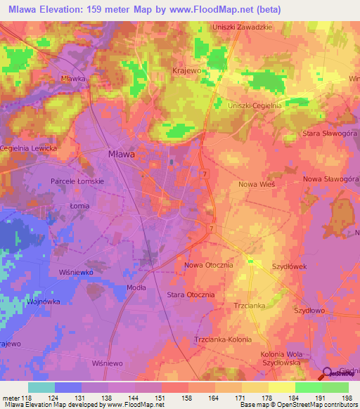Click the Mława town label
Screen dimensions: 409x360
[x=120, y=153]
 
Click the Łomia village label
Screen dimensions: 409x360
[x=80, y=206]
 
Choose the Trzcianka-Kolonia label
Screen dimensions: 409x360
[x=222, y=339]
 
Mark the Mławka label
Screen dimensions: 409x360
[x=73, y=79]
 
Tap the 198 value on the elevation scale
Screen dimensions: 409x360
[x=345, y=398]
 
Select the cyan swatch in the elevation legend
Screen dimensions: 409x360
[x=41, y=387]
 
